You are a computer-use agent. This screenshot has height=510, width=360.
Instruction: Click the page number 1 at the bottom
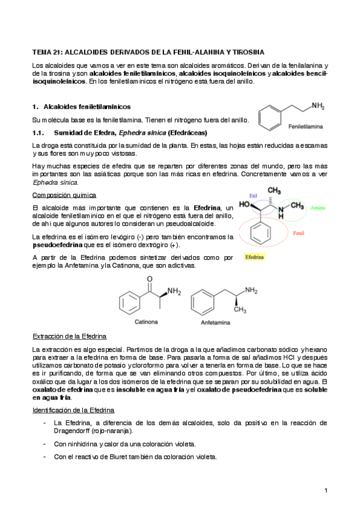[x=326, y=491]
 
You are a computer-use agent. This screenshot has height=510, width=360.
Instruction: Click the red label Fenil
[x=299, y=233]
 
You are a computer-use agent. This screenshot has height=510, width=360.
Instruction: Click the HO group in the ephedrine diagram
[x=245, y=204]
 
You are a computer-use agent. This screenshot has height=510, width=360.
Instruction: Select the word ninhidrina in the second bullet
[x=87, y=444]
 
